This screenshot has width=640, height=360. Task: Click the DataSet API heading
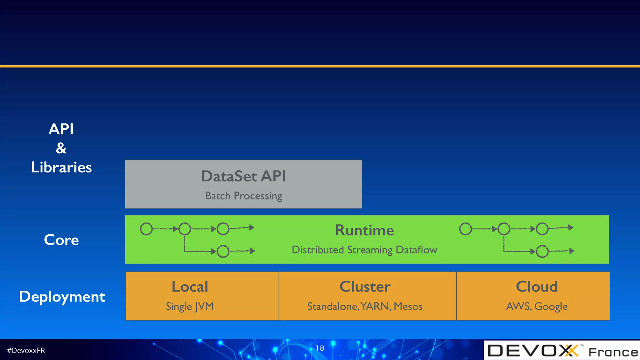click(x=243, y=176)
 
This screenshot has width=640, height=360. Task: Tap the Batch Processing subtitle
click(x=243, y=196)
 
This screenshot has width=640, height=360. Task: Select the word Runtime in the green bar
click(x=364, y=230)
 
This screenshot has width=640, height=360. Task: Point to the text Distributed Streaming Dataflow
click(x=364, y=250)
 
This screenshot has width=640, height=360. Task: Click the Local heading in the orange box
click(x=190, y=287)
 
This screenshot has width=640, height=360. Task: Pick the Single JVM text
click(x=190, y=307)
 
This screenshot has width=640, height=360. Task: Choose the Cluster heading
click(x=365, y=287)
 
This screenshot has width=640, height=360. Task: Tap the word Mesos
click(x=408, y=307)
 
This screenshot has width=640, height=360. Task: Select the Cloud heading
click(x=536, y=287)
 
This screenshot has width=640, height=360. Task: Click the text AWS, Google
click(x=537, y=307)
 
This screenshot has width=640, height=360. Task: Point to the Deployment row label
click(x=62, y=297)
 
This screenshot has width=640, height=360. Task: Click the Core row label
click(x=61, y=240)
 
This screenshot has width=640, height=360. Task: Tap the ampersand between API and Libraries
click(x=61, y=148)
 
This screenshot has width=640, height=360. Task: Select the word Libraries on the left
click(x=61, y=167)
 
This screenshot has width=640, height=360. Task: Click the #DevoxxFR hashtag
click(x=26, y=351)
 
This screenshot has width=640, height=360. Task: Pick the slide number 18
click(x=320, y=348)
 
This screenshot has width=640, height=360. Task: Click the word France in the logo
click(x=613, y=352)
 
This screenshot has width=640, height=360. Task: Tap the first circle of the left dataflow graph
click(x=146, y=229)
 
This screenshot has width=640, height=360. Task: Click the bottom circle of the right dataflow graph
click(x=542, y=251)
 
